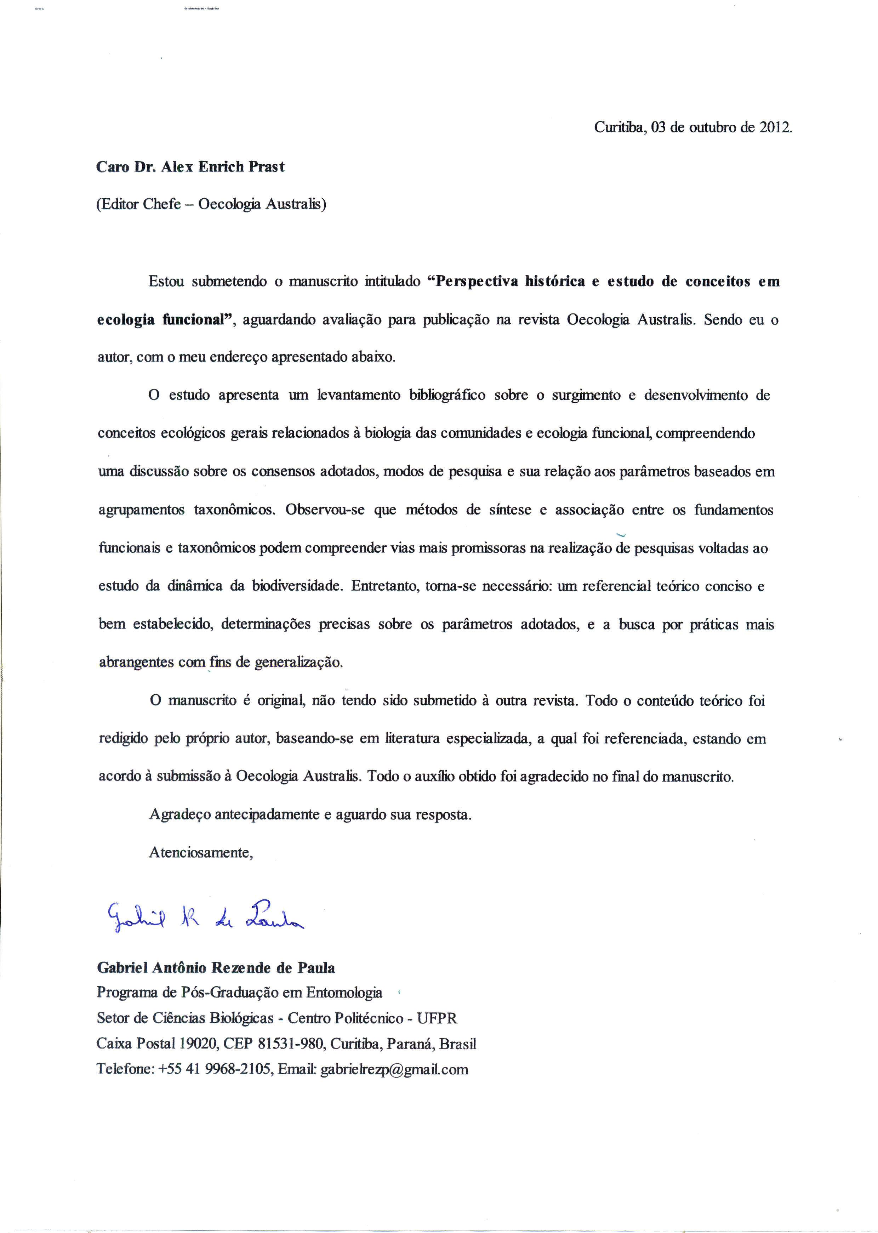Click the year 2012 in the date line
(775, 127)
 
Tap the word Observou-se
(325, 510)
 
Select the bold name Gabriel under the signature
(122, 968)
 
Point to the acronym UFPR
(437, 1018)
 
